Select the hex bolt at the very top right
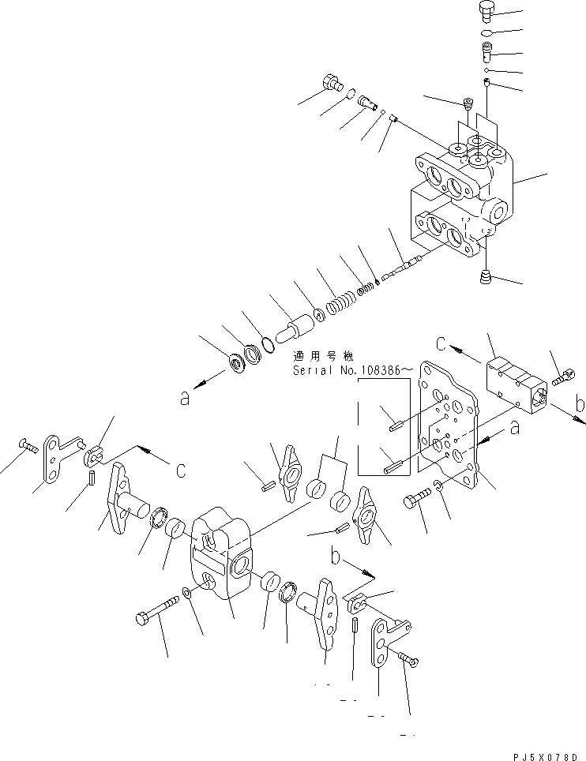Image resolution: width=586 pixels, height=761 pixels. (x=486, y=12)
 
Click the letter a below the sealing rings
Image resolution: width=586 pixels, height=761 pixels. (x=185, y=399)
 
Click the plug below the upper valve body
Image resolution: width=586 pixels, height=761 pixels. (x=485, y=276)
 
